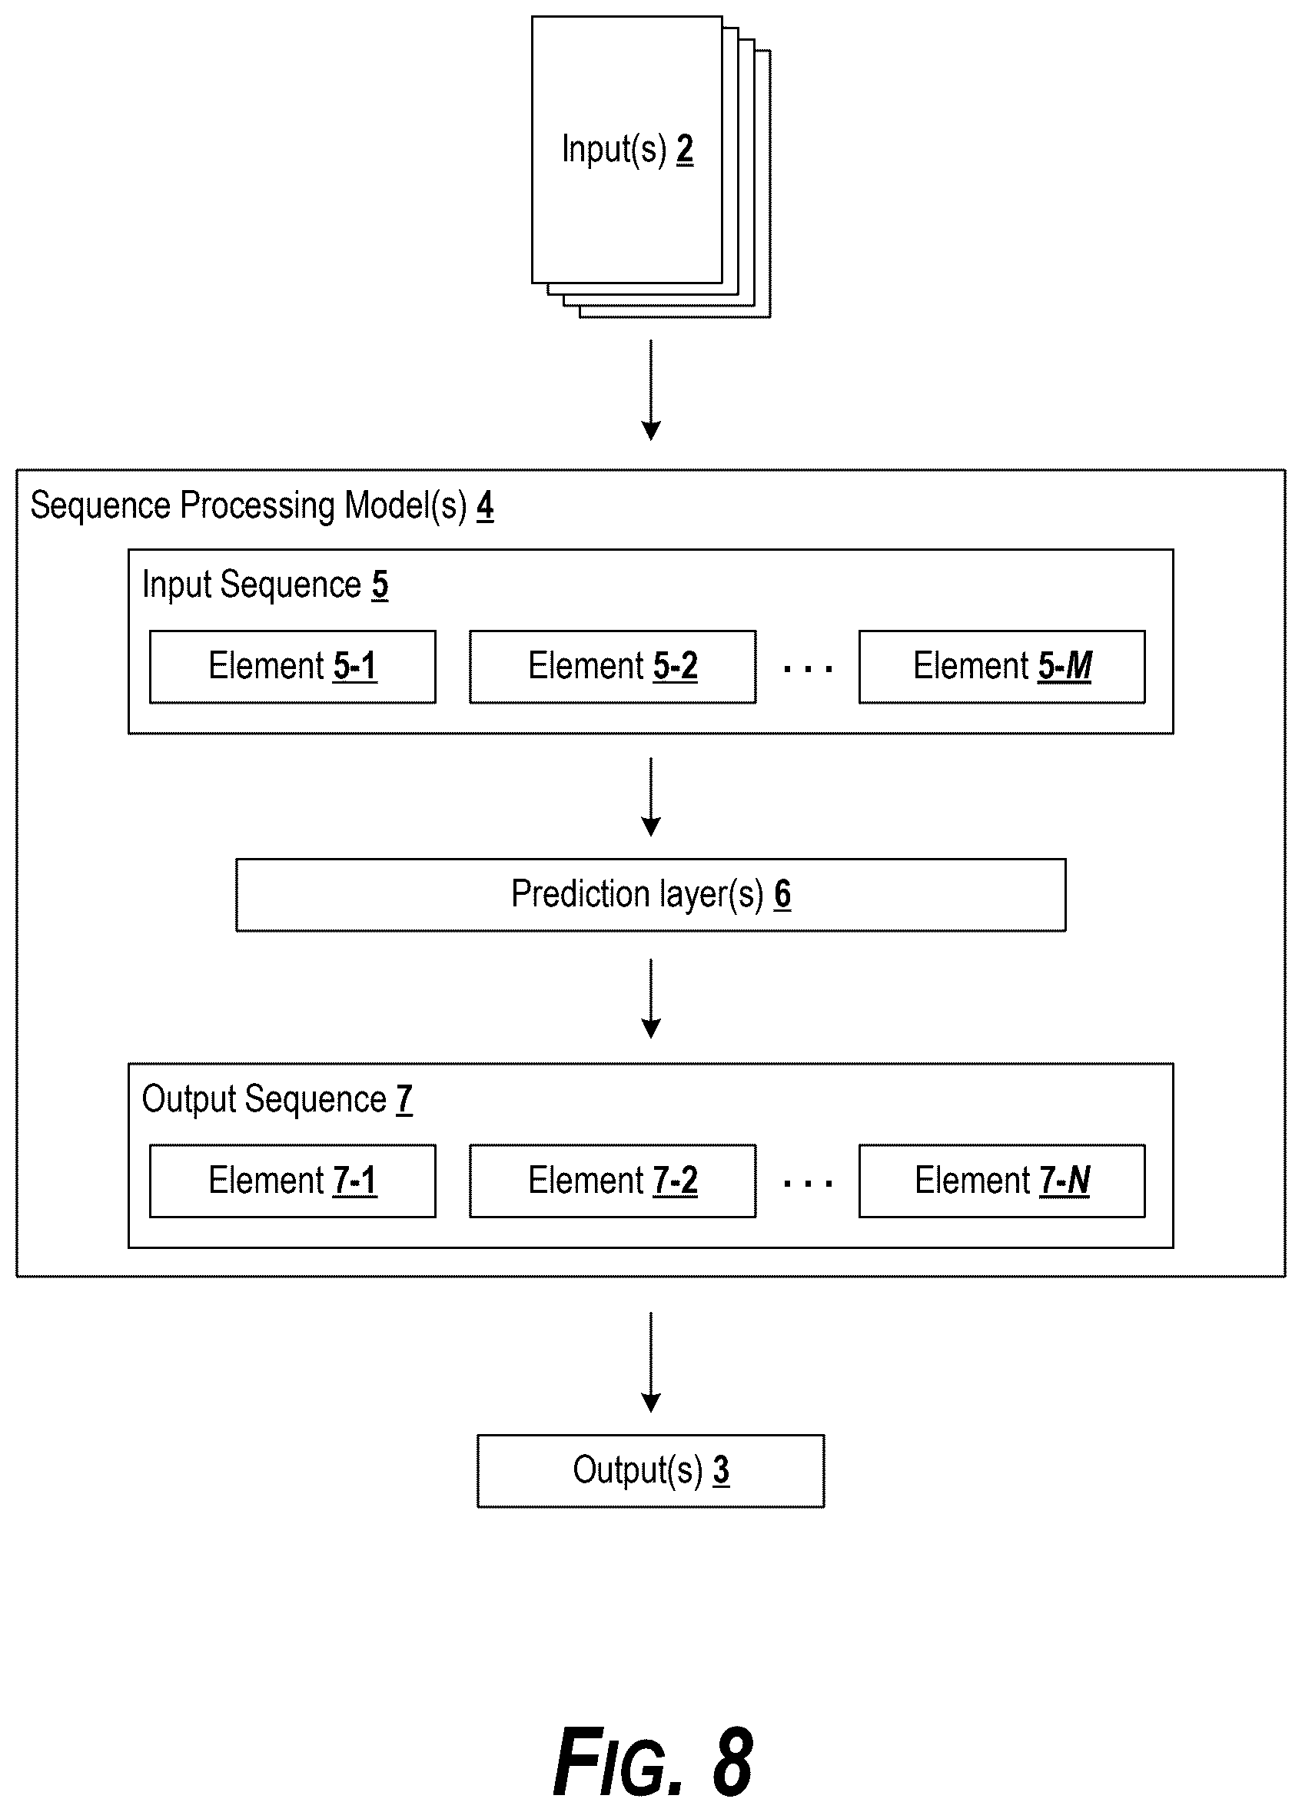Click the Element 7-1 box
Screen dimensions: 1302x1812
click(293, 1181)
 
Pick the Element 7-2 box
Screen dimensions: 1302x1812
click(613, 1181)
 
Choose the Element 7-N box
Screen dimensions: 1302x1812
click(1001, 1181)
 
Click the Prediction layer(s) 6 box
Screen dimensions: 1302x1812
click(650, 895)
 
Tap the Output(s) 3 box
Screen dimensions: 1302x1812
click(650, 1471)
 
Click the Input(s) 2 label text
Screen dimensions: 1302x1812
click(627, 150)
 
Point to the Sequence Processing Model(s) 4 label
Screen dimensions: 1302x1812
click(261, 505)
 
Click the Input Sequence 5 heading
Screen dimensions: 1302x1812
click(265, 585)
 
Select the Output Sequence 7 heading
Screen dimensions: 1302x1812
click(277, 1099)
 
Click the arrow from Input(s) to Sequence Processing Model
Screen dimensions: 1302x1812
click(652, 390)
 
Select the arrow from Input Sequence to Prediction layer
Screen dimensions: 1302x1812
click(652, 797)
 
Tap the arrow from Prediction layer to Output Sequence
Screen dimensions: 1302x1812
click(652, 999)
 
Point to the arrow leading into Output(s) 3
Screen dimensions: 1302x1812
click(652, 1362)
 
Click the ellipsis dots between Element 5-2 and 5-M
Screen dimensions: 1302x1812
click(808, 669)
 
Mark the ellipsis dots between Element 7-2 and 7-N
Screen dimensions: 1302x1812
click(808, 1183)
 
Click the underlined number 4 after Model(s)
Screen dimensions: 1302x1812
click(485, 505)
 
